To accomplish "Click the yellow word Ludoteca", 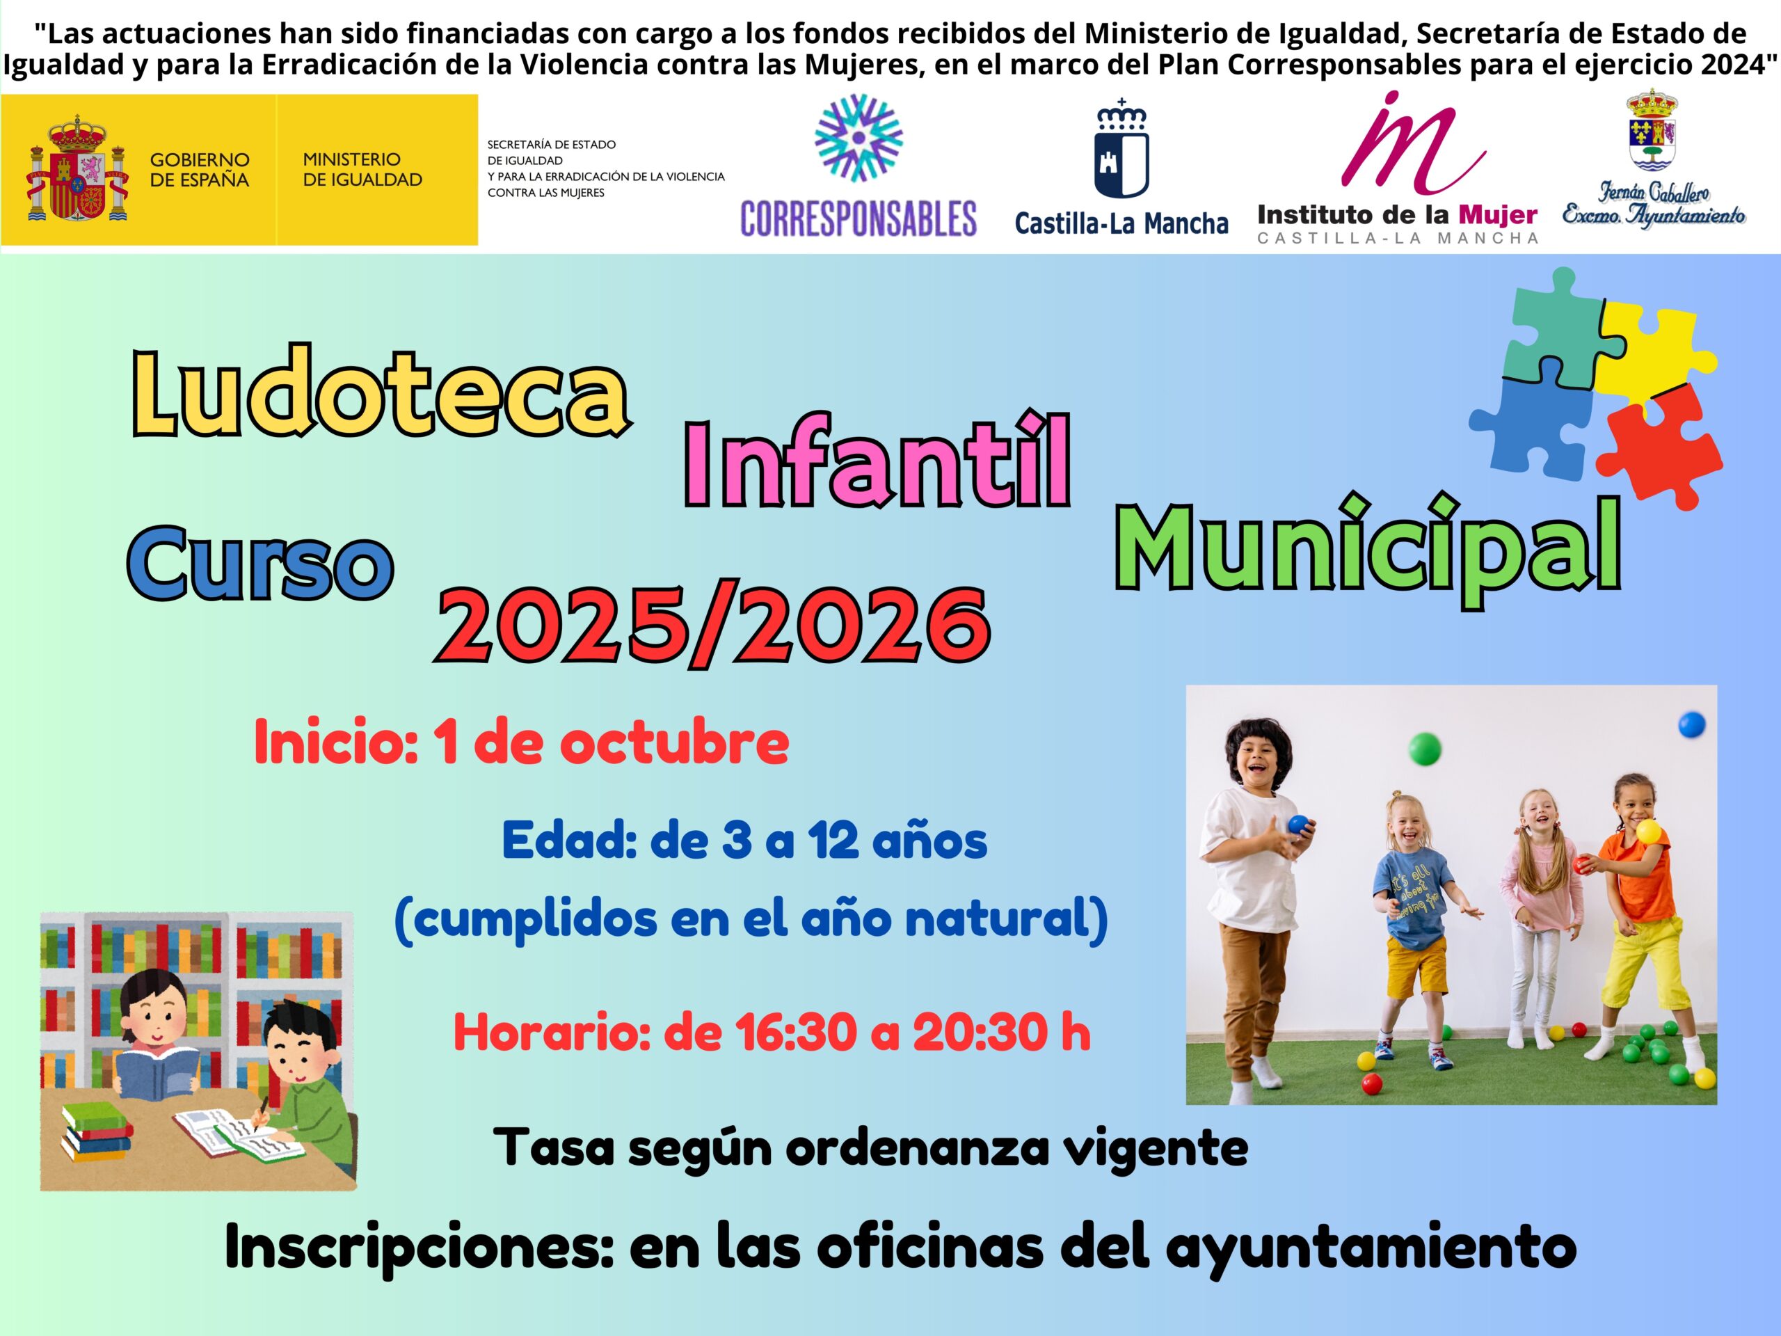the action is [x=380, y=392].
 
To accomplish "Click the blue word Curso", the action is [x=261, y=562].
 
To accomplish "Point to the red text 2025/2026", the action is [x=712, y=625].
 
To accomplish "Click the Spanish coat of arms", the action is [x=77, y=169].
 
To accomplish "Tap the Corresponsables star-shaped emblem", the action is [x=858, y=138].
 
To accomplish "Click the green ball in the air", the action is [x=1424, y=748].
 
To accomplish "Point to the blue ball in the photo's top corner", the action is [x=1692, y=725].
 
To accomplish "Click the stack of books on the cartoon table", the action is [x=97, y=1130].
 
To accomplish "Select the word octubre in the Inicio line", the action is [x=674, y=742].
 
